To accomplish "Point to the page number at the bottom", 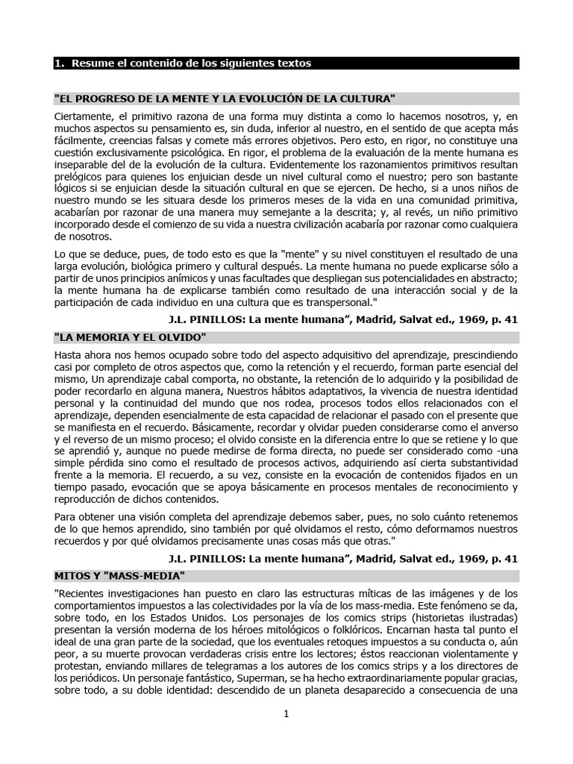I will (x=286, y=714).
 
